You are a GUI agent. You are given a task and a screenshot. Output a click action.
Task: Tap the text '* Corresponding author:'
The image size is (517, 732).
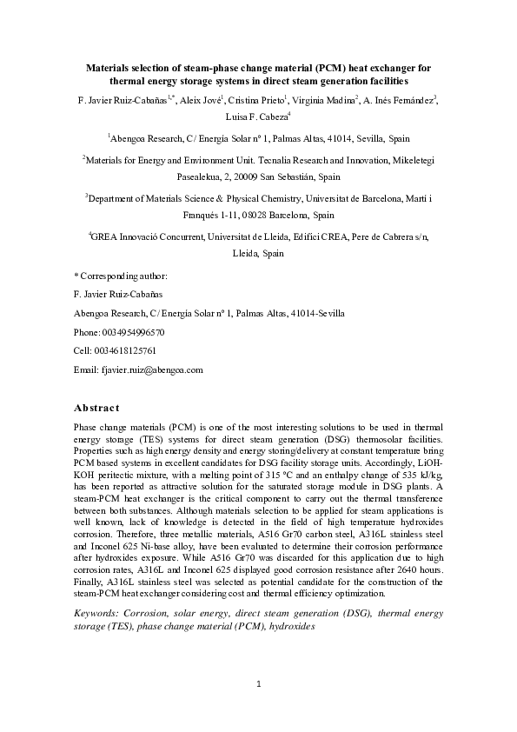coord(122,276)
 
